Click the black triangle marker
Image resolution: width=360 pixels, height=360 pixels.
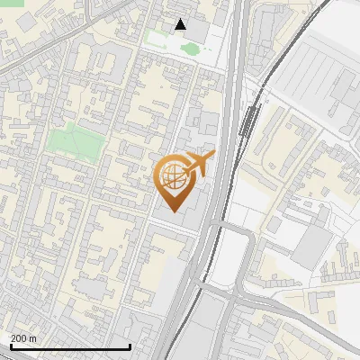(181, 24)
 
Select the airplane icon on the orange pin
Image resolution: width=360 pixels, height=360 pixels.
(198, 164)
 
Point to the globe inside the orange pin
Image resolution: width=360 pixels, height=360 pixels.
(175, 175)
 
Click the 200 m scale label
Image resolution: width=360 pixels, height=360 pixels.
(23, 338)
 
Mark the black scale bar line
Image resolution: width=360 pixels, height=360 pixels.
(70, 346)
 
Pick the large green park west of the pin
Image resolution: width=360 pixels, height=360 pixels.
(74, 139)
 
